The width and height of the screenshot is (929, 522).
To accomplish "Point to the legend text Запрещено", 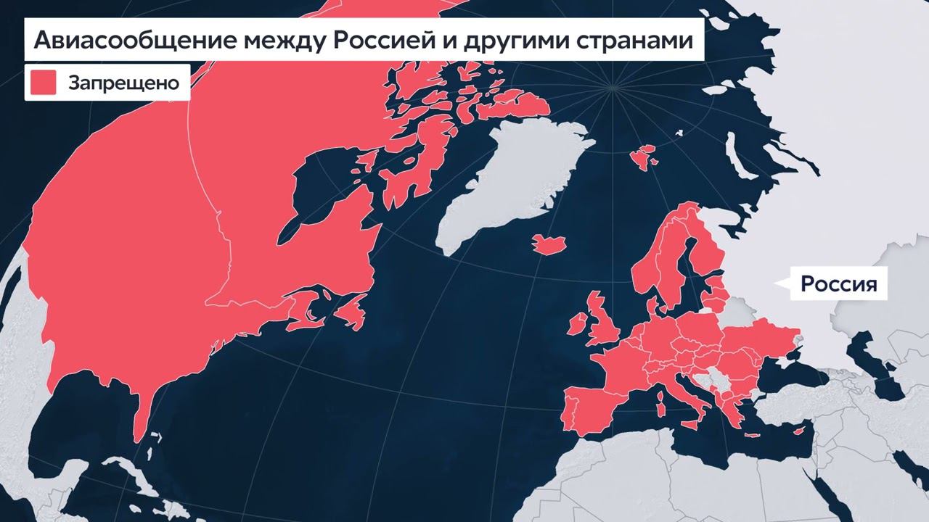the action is point(123,83).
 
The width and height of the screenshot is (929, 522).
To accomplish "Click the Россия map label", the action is point(838,283).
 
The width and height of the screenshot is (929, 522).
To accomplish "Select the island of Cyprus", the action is point(799,432).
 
